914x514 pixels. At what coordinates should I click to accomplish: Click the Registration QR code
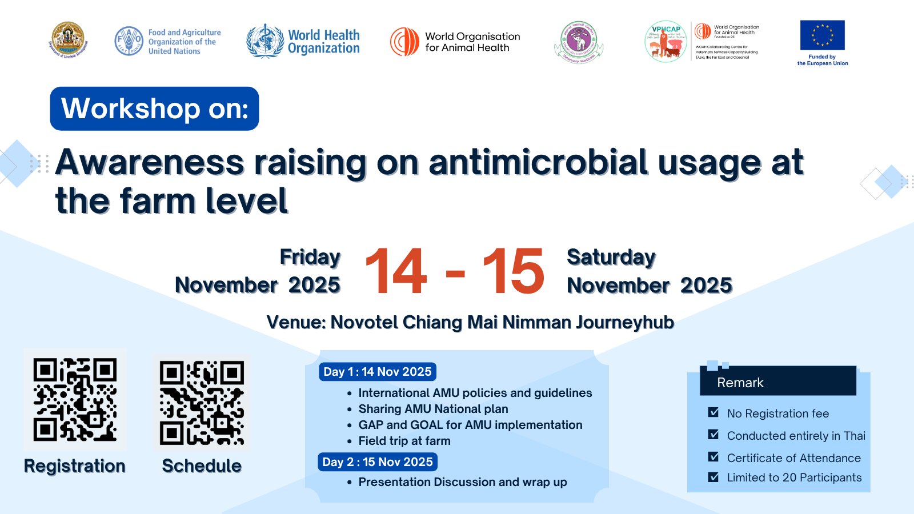[x=75, y=400]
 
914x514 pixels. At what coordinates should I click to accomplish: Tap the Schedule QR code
[x=202, y=403]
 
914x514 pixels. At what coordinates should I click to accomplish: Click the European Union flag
[x=822, y=35]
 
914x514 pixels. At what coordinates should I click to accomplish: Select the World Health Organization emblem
[x=265, y=41]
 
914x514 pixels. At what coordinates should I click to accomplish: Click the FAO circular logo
[x=129, y=41]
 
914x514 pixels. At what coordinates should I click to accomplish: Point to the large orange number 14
[x=396, y=272]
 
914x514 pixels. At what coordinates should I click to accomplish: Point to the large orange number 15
[x=514, y=272]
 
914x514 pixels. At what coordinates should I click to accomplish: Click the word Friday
[x=310, y=257]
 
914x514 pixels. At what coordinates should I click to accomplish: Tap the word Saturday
[x=611, y=257]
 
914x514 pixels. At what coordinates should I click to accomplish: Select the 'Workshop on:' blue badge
[x=154, y=109]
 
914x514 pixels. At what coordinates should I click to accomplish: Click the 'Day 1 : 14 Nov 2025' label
[x=378, y=372]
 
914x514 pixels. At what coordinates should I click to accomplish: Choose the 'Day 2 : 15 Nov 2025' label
[x=378, y=462]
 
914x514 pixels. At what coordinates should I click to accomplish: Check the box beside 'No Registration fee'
[x=713, y=412]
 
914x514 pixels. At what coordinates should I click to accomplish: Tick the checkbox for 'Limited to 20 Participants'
[x=713, y=477]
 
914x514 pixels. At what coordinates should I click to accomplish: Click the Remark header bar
[x=778, y=382]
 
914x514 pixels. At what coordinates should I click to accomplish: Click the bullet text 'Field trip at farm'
[x=404, y=441]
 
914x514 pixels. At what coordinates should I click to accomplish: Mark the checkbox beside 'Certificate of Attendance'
[x=713, y=457]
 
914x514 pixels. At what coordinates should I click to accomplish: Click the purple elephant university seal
[x=579, y=42]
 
